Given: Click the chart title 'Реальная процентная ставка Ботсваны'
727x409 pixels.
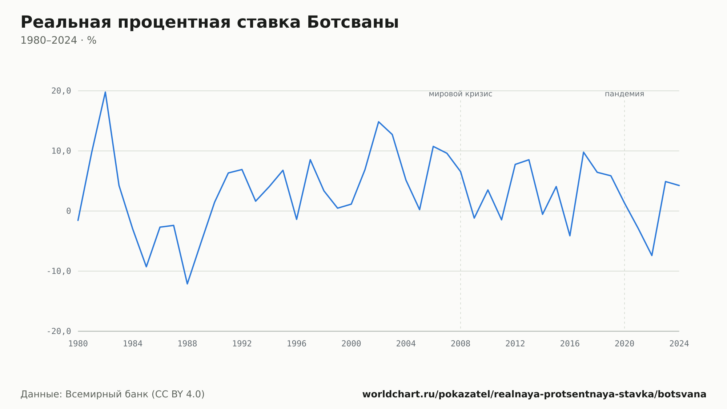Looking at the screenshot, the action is coord(209,22).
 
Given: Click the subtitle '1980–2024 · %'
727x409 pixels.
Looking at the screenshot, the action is coord(58,40).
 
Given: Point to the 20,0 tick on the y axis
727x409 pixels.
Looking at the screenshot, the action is coord(61,91).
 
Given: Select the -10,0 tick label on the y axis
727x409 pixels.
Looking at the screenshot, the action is coord(59,271).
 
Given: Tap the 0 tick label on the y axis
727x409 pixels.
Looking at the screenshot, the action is coord(69,211).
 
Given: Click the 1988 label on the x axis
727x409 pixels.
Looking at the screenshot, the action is coord(187,344).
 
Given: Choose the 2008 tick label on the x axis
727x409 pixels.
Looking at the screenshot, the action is coord(461,344).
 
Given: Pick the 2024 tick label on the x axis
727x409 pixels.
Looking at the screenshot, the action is coord(679,344).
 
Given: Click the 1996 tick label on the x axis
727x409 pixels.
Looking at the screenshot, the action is coord(297,344).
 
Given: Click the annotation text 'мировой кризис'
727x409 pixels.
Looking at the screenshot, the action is coord(461,94).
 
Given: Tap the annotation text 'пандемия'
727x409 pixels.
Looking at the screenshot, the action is coord(624,94).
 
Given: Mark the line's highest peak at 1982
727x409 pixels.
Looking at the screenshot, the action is coord(105,92).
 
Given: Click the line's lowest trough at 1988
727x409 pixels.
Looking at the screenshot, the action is coord(187,284).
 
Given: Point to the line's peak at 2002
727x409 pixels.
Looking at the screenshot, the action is coord(378,122).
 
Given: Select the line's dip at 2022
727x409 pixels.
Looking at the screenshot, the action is coord(652,255).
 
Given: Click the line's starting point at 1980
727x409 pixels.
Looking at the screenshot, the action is coord(78,220).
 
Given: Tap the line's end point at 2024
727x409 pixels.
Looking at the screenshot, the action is coord(679,186).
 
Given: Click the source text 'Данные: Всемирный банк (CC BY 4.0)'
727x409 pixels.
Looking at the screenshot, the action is coord(113,394).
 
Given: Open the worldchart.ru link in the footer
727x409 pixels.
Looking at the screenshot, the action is coord(534,394).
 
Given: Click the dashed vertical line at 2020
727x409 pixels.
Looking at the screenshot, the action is coord(624,215).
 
